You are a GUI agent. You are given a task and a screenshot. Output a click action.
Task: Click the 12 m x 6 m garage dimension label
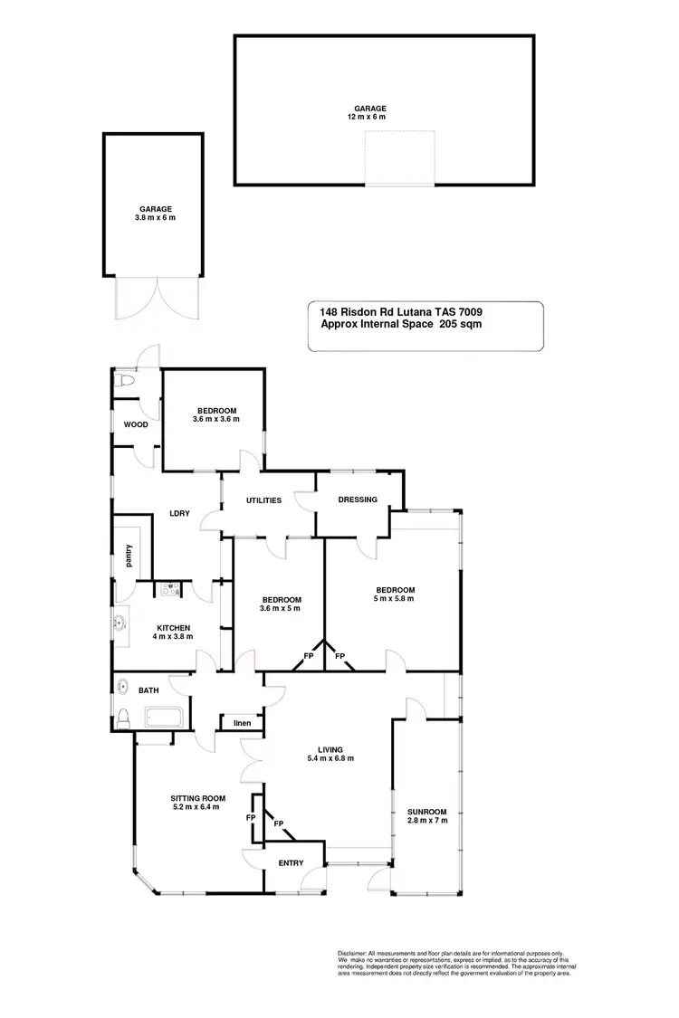coord(368,117)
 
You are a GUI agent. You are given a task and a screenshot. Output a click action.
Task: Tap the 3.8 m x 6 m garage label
coord(155,217)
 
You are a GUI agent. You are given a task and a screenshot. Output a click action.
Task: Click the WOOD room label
coord(136,424)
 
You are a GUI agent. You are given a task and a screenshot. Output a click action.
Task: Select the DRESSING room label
coord(357,499)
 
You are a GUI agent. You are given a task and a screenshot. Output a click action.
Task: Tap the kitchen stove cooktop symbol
coord(169,591)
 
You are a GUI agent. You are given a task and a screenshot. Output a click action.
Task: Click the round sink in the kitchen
coord(119,623)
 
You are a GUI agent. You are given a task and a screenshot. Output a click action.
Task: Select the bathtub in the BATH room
coord(163,718)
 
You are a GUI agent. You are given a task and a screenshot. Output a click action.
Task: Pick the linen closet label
coord(242,722)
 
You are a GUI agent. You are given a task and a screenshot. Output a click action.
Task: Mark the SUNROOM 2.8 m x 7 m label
coord(426,815)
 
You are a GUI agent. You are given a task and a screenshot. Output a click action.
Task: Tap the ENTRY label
coord(291,862)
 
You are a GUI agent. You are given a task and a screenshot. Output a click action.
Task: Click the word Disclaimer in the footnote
coord(351,954)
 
